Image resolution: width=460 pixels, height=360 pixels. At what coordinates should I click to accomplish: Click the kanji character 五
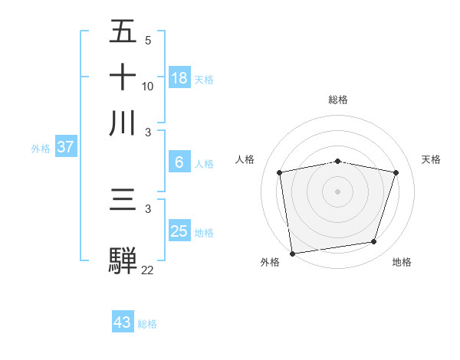click(x=123, y=33)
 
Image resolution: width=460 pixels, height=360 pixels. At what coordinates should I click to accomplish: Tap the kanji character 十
click(x=123, y=77)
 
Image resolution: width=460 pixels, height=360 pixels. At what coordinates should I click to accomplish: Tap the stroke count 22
click(x=147, y=270)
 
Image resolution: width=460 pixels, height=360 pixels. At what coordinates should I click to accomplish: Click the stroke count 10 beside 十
click(x=148, y=87)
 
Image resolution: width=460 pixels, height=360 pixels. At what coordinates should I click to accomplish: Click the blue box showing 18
click(x=179, y=78)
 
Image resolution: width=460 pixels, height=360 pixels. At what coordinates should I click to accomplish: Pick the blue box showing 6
click(x=179, y=162)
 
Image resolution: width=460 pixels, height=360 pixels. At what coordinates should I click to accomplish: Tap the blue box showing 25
click(x=179, y=231)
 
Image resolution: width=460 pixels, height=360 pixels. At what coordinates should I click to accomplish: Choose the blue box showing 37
click(x=65, y=148)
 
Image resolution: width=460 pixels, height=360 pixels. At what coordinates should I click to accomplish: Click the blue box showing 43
click(x=123, y=322)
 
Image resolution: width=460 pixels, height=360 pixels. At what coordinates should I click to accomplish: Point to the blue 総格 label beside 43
click(x=147, y=324)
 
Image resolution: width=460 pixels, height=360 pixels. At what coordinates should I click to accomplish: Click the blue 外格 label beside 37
click(x=41, y=149)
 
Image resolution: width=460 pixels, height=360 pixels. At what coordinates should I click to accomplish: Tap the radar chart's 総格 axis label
click(x=337, y=100)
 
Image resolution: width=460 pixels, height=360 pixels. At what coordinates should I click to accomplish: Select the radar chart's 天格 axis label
click(x=431, y=159)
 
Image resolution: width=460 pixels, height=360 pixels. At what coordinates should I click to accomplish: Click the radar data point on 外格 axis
click(x=292, y=252)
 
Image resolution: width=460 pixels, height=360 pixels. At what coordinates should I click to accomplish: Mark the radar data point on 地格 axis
click(x=374, y=242)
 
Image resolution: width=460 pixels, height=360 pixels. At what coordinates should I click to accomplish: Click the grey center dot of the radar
click(x=337, y=191)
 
